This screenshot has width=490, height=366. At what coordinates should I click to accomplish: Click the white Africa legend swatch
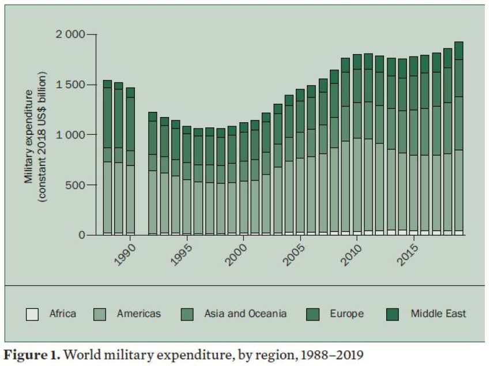click(x=32, y=315)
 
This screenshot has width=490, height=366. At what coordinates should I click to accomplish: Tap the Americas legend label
click(x=138, y=314)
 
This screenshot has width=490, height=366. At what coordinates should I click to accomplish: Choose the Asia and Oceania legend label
click(x=245, y=314)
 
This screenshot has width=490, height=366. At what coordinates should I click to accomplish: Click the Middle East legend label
click(x=438, y=314)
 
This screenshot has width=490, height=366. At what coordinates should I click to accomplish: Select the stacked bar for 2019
click(x=459, y=138)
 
